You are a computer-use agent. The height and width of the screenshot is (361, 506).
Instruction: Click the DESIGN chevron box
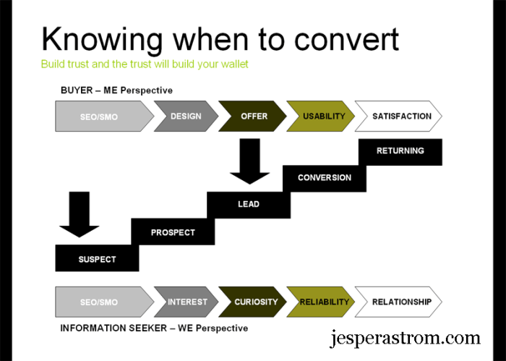[186, 116]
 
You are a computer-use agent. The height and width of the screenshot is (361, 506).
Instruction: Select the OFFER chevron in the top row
[253, 116]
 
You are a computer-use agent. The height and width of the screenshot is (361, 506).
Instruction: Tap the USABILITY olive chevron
[323, 116]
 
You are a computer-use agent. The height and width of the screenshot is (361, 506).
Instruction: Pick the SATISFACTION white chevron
[401, 116]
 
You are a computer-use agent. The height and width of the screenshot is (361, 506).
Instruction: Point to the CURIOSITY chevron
[254, 302]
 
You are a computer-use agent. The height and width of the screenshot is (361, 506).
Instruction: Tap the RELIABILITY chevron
[325, 302]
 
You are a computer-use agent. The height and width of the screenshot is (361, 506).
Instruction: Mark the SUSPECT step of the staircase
[97, 259]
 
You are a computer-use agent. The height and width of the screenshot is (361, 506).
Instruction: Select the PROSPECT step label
[173, 232]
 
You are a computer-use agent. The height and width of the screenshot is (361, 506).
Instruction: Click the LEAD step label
[248, 204]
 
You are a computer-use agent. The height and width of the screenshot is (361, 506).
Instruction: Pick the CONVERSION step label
[324, 178]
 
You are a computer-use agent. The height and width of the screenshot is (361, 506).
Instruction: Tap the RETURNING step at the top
[400, 151]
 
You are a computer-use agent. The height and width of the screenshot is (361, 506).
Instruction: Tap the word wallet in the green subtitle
[231, 64]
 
